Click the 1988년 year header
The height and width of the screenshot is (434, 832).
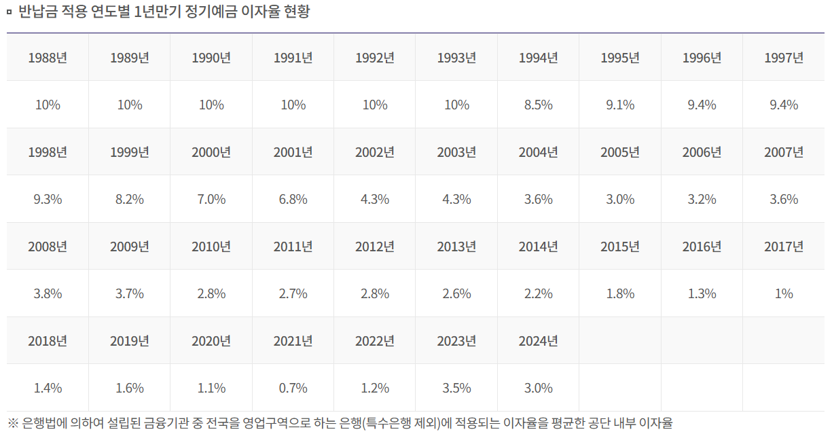pos(48,58)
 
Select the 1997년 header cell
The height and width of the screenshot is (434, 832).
pos(784,58)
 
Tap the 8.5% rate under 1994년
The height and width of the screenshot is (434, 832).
pos(538,105)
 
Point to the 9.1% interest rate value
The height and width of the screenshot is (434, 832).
pos(620,105)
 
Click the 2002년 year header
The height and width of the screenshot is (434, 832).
pos(375,152)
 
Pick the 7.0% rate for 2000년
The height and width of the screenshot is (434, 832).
pos(211,200)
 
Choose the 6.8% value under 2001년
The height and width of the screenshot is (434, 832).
pos(293,200)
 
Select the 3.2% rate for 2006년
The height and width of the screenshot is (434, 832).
pos(702,200)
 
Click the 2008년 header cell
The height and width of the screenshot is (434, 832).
pos(48,247)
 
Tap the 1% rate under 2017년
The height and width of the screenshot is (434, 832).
pos(784,294)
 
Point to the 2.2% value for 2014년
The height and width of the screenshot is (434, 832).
pos(538,294)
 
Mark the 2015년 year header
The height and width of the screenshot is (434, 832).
pos(620,247)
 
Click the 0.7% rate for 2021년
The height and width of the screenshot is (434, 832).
pos(293,388)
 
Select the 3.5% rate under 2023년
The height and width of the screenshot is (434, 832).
pos(456,388)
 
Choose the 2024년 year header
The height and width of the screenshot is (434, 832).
pos(538,341)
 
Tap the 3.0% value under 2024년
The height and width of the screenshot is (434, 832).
pos(538,388)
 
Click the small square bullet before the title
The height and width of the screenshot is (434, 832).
pos(9,12)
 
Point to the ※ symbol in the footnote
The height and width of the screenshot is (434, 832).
pos(13,423)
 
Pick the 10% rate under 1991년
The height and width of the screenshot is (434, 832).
pos(293,105)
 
